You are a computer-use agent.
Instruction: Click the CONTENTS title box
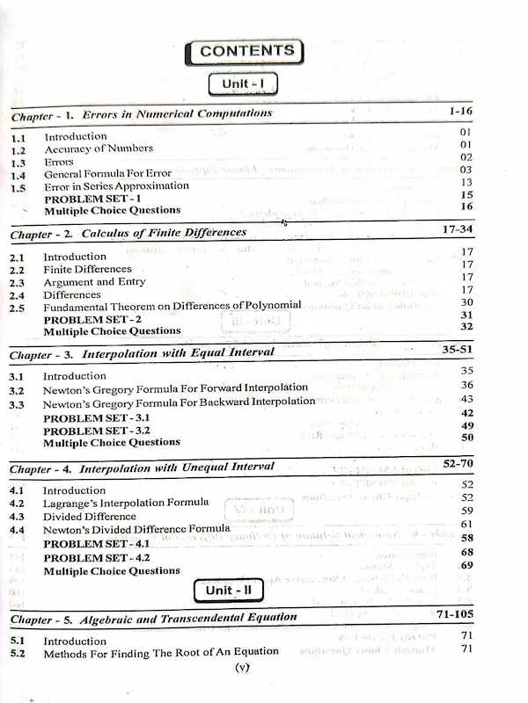point(245,51)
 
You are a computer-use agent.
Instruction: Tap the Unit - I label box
point(243,84)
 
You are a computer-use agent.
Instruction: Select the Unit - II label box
point(230,591)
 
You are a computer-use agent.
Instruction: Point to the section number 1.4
point(18,175)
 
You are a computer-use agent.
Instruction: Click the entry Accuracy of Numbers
point(99,149)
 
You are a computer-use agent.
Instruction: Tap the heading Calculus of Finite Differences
point(165,233)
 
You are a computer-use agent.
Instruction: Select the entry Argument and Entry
point(94,282)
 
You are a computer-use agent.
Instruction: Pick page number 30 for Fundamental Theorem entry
point(467,302)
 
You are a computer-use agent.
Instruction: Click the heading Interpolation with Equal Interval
point(178,352)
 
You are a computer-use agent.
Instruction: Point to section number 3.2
point(17,389)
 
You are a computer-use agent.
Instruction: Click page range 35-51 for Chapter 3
point(458,348)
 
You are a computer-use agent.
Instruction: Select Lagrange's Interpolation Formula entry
point(126,504)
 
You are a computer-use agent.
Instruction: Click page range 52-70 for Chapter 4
point(458,462)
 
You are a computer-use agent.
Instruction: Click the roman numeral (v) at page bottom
point(245,668)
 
